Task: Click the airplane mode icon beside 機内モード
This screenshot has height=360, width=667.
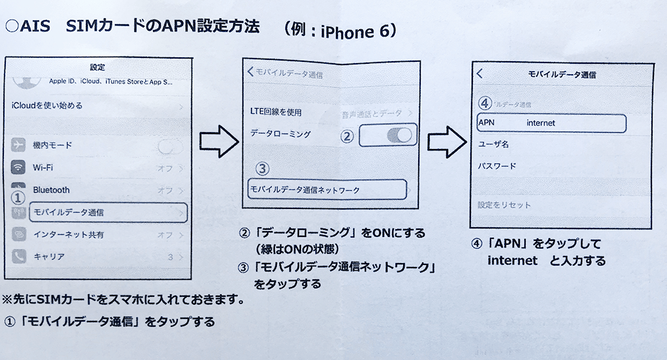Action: [18, 145]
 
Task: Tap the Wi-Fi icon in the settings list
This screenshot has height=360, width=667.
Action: [18, 167]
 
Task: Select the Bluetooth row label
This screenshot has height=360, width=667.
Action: [51, 190]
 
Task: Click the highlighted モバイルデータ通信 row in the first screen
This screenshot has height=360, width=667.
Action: [98, 213]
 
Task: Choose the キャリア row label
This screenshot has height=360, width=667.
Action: [48, 256]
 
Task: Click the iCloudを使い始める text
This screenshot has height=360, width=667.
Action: [48, 105]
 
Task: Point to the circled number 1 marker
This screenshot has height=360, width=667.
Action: [20, 195]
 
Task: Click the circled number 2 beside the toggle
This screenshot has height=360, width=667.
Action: [347, 136]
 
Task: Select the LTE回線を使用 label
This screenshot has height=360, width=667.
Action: [276, 112]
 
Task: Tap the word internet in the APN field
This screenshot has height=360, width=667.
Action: [541, 122]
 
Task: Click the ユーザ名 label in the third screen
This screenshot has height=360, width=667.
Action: [493, 144]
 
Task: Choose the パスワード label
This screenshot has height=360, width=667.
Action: [497, 166]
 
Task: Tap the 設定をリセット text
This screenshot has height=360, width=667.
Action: [504, 205]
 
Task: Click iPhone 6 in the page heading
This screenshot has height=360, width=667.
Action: [355, 31]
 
